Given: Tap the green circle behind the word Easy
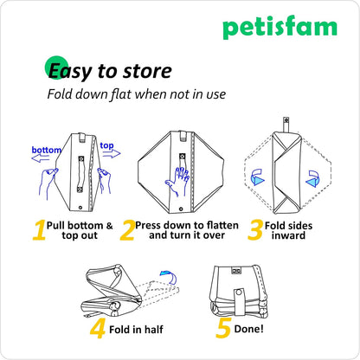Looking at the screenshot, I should click(55, 67).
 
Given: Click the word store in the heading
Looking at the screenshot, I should click(147, 71).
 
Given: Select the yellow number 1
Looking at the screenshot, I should click(40, 229).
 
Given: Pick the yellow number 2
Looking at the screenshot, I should click(127, 229).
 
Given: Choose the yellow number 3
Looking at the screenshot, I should click(254, 229).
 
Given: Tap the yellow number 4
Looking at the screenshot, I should click(97, 330).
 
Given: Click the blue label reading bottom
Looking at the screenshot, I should click(47, 150).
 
